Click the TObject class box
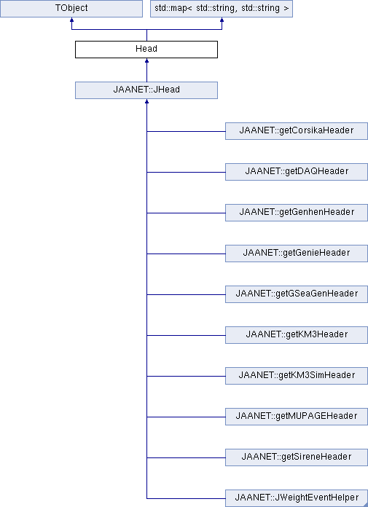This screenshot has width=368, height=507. (71, 9)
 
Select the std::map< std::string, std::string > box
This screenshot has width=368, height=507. (222, 9)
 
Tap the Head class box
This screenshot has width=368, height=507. (146, 50)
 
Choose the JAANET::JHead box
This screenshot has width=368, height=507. (146, 90)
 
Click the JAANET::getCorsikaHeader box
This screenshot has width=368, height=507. (297, 131)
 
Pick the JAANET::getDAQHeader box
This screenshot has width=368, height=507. (297, 172)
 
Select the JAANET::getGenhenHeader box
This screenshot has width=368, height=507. (297, 213)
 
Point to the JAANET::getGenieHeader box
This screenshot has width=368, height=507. (297, 253)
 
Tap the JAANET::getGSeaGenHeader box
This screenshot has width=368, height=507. (297, 294)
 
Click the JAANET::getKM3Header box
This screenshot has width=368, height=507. (297, 334)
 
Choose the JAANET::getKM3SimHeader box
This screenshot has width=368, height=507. (297, 375)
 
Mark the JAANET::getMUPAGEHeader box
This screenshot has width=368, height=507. (297, 416)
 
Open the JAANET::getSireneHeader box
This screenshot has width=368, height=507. (297, 457)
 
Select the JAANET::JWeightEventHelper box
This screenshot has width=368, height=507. (297, 498)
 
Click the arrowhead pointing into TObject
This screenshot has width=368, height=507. (71, 20)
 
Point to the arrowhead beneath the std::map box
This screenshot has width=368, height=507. (222, 20)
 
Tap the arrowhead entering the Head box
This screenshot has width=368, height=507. (146, 60)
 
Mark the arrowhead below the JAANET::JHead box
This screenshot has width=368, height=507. (146, 101)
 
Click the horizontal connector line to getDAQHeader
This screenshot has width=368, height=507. (186, 172)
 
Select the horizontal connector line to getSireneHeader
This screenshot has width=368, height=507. (186, 457)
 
